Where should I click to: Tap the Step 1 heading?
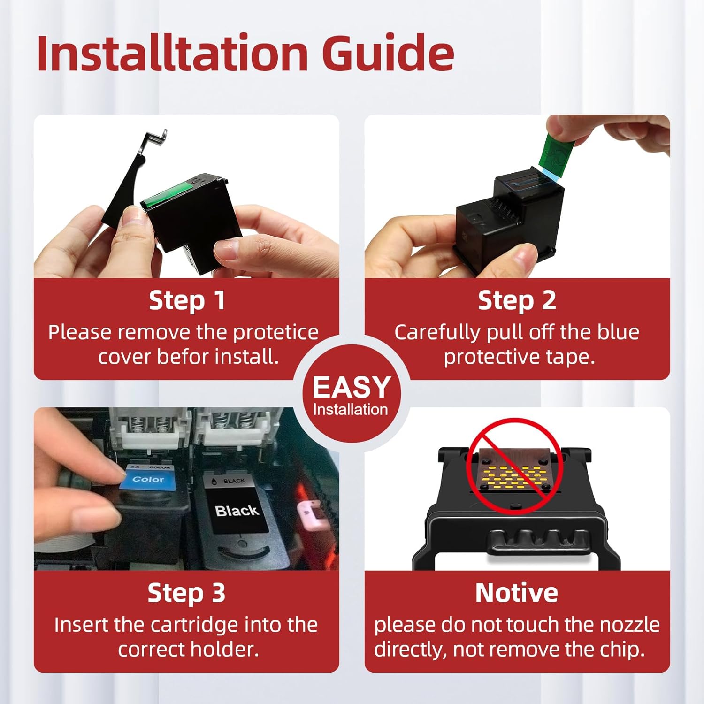[x=187, y=301]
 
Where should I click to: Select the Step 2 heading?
[x=517, y=301]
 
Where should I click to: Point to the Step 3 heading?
[x=186, y=593]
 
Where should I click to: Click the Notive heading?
[x=517, y=593]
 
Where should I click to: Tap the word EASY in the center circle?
[x=352, y=387]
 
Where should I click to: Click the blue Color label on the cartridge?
[x=148, y=479]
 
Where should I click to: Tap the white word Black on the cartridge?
[x=237, y=510]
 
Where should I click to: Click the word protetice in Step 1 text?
[x=276, y=333]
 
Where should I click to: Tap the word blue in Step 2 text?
[x=618, y=332]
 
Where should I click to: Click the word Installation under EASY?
[x=351, y=410]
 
